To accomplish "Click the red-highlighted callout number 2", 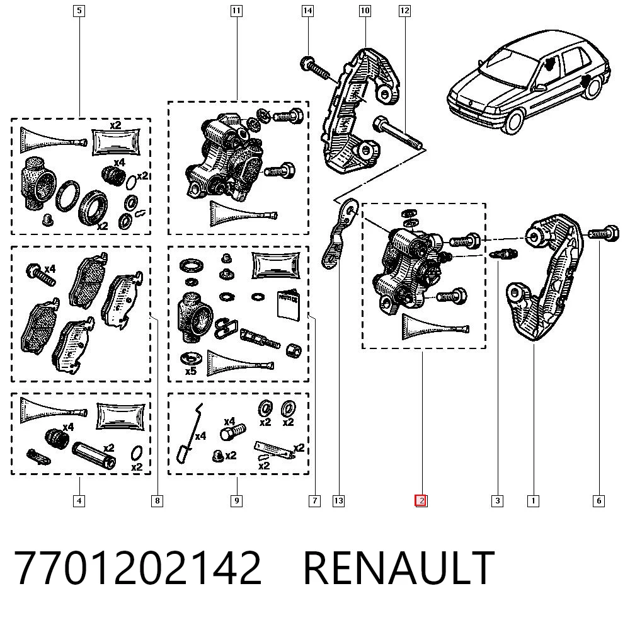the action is (421, 501).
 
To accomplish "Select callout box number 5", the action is (79, 11).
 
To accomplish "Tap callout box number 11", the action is (236, 11).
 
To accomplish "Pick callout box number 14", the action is (307, 11).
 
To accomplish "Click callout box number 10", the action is (365, 11).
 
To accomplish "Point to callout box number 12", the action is (404, 11).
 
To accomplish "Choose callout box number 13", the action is (339, 501).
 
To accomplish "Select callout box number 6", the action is (598, 501).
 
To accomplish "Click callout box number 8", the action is (157, 501).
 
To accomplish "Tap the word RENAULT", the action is (399, 568).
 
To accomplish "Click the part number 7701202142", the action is (138, 568).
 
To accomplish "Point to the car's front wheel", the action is (514, 119).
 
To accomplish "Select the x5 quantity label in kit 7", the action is (190, 370).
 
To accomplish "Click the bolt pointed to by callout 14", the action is (316, 69).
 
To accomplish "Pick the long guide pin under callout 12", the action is (398, 132).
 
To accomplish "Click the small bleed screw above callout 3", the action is (505, 254).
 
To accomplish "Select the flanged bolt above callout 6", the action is (604, 234).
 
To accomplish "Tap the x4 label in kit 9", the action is (200, 436).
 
